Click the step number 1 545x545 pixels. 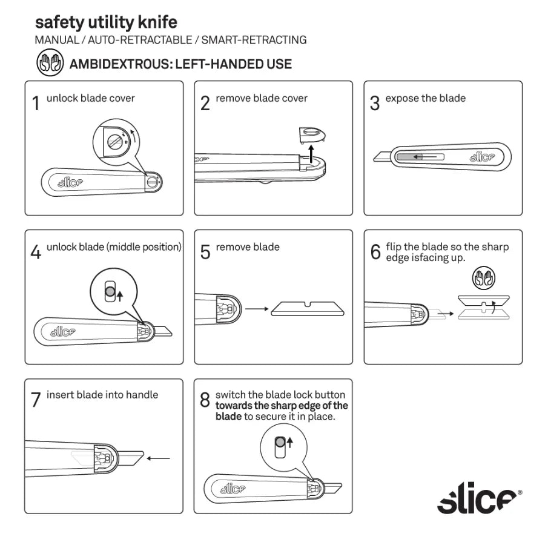point(36,104)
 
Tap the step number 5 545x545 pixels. point(205,252)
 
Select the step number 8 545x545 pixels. point(205,400)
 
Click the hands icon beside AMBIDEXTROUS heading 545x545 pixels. point(50,64)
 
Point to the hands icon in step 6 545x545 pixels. point(483,278)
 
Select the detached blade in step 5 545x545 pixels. point(308,309)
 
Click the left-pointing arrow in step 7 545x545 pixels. point(159,458)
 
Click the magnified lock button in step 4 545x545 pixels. point(110,292)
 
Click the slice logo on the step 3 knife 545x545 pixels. point(483,157)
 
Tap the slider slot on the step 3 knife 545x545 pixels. point(418,157)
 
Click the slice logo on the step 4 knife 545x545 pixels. point(62,331)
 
